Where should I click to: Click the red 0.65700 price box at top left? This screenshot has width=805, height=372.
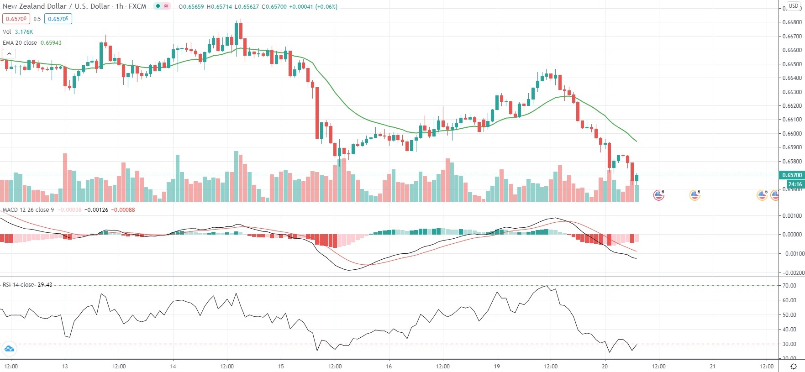tap(16, 19)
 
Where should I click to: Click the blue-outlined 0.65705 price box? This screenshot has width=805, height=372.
tap(58, 19)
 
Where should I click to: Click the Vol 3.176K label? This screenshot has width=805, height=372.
tap(18, 31)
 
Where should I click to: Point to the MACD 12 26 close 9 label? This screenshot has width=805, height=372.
tap(28, 210)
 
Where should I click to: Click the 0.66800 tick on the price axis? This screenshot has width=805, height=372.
tap(792, 22)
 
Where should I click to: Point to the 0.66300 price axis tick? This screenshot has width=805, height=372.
tap(792, 92)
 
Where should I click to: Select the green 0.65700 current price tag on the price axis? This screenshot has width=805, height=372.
tap(792, 175)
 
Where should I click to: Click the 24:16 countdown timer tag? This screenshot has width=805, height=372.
tap(794, 184)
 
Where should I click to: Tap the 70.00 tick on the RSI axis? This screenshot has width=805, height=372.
tap(789, 285)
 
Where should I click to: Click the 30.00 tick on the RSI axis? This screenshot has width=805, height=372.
tap(789, 344)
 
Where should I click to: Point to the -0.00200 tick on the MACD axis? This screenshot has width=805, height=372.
tap(791, 272)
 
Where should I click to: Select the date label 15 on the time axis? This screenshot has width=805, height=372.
tap(281, 366)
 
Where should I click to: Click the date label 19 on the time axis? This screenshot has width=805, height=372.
tap(497, 366)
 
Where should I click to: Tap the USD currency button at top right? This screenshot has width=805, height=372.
tap(794, 6)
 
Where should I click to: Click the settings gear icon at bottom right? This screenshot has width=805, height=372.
tap(794, 366)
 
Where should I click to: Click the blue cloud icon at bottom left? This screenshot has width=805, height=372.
tap(9, 349)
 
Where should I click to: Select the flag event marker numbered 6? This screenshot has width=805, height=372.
tap(658, 195)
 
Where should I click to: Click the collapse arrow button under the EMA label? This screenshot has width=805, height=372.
tap(9, 54)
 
